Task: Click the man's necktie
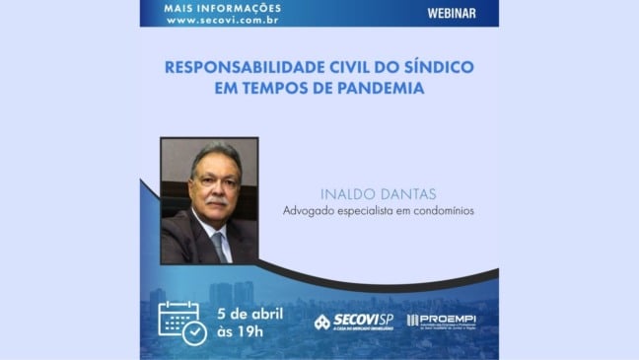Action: point(218,245)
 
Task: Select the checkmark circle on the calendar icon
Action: point(194,332)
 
